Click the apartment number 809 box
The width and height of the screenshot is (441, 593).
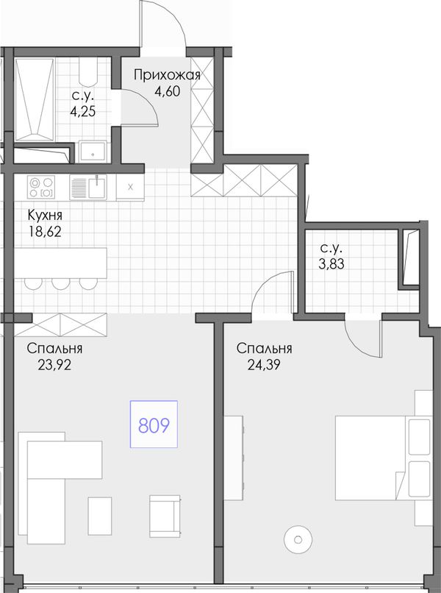[x=154, y=424]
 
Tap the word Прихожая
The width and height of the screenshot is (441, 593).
[x=167, y=76]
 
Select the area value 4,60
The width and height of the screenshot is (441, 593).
[x=167, y=92]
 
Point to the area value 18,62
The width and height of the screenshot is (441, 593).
[x=45, y=232]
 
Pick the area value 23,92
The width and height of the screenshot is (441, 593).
[x=54, y=365]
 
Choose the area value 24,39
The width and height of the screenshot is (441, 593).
[x=264, y=365]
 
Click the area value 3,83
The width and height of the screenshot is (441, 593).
[x=331, y=264]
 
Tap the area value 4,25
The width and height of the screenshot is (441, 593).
[x=82, y=112]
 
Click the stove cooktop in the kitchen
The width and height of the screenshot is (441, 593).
[x=41, y=188]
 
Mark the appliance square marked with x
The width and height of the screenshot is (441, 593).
[x=130, y=187]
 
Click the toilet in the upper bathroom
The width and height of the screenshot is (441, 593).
[x=88, y=72]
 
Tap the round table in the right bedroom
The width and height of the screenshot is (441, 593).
[x=298, y=539]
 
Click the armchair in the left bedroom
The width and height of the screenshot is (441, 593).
[x=165, y=516]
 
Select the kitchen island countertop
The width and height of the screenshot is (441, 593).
[x=60, y=263]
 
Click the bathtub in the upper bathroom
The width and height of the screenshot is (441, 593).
[x=35, y=99]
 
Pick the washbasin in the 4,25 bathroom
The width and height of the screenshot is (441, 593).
[x=93, y=152]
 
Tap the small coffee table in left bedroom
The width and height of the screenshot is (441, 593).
[x=100, y=516]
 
